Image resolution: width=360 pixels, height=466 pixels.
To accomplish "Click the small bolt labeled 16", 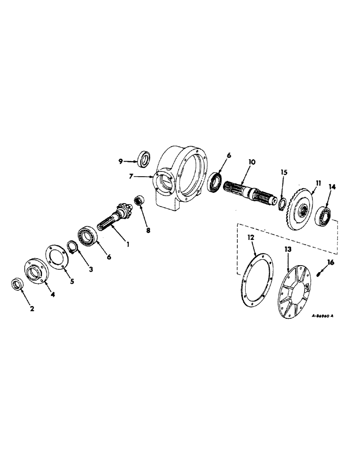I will tap(282, 203).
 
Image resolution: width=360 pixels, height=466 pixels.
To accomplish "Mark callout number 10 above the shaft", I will tap(252, 162).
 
